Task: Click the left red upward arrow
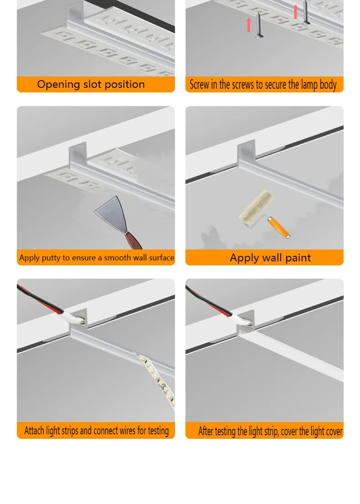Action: [x=249, y=25]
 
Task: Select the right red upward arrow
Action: [x=296, y=12]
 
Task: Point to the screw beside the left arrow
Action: [x=259, y=25]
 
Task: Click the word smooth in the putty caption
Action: [x=117, y=258]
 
